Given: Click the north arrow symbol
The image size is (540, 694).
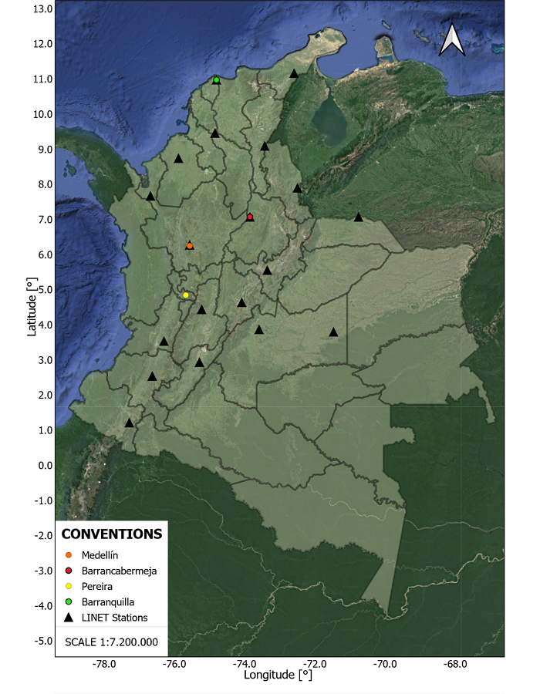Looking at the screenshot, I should (x=452, y=40).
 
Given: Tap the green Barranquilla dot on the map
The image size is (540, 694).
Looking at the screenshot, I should (x=217, y=80).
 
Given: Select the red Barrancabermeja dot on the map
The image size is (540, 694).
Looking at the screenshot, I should (x=250, y=217).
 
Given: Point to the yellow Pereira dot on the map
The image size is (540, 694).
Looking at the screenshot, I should (x=186, y=295).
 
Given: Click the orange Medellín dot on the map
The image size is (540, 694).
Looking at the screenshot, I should (x=190, y=245).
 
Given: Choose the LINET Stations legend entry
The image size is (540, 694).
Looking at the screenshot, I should (x=113, y=618).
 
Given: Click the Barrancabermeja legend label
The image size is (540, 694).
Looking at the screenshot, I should (x=118, y=571).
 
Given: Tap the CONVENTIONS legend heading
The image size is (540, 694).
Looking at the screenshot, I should (x=112, y=534).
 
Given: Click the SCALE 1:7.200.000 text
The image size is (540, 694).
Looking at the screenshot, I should (x=112, y=642).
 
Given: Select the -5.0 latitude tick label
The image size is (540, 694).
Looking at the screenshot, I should (x=40, y=642).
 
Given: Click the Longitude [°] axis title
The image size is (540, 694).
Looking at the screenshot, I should (x=278, y=676).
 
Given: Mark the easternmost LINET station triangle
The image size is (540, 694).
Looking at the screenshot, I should (x=359, y=217).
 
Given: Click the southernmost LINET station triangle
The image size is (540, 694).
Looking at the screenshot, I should (x=130, y=423).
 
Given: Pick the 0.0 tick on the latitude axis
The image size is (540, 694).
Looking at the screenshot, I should (x=43, y=466).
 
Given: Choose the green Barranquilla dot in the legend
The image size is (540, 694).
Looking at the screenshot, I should (x=69, y=602).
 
